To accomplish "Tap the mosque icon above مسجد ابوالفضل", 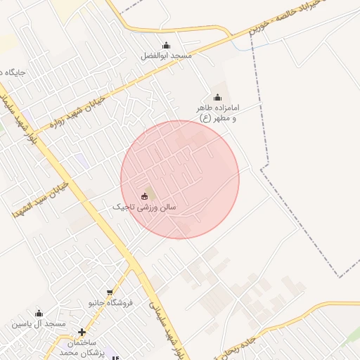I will click(x=166, y=46).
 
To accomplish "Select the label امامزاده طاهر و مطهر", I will click(x=218, y=112).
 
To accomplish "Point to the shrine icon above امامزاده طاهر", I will click(x=217, y=98).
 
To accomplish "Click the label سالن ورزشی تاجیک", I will click(x=146, y=207).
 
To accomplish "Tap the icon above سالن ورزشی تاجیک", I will click(x=145, y=196).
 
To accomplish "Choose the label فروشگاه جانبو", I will click(x=109, y=303).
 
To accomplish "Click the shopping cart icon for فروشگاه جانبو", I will click(x=109, y=293).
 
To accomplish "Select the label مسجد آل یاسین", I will click(x=38, y=323).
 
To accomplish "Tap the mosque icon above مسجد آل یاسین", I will click(x=39, y=313).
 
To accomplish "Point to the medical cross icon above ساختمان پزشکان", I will click(x=82, y=332).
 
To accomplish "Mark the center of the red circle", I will click(x=180, y=179).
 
